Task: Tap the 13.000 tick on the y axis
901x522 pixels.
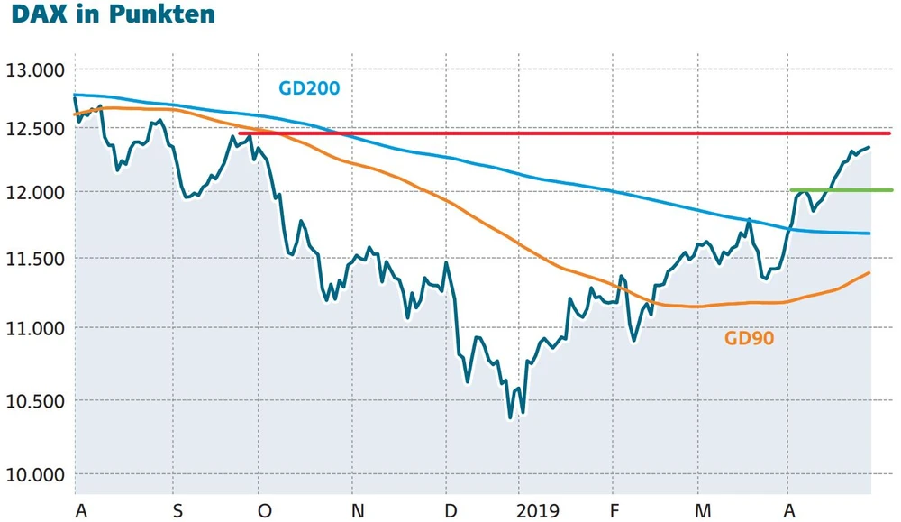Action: point(36,70)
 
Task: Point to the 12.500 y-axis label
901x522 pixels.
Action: point(36,129)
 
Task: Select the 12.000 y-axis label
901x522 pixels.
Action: point(36,193)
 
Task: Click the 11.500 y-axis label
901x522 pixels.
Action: point(36,259)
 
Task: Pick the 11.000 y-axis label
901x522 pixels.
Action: point(36,328)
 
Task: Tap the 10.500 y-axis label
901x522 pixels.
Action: point(36,400)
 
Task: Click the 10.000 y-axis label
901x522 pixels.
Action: point(36,474)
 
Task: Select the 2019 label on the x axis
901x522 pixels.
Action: point(537,511)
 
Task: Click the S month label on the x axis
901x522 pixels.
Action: point(177,511)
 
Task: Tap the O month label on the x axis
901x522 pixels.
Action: point(264,511)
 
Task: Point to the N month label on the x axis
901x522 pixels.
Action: point(358,511)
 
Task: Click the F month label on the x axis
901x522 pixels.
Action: point(614,511)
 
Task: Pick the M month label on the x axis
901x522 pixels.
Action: point(703,511)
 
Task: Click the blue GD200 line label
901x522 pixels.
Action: point(309,88)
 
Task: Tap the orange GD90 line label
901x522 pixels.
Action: point(750,339)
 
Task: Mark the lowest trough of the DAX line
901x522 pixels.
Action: point(510,417)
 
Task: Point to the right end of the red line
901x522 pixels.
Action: point(889,133)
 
